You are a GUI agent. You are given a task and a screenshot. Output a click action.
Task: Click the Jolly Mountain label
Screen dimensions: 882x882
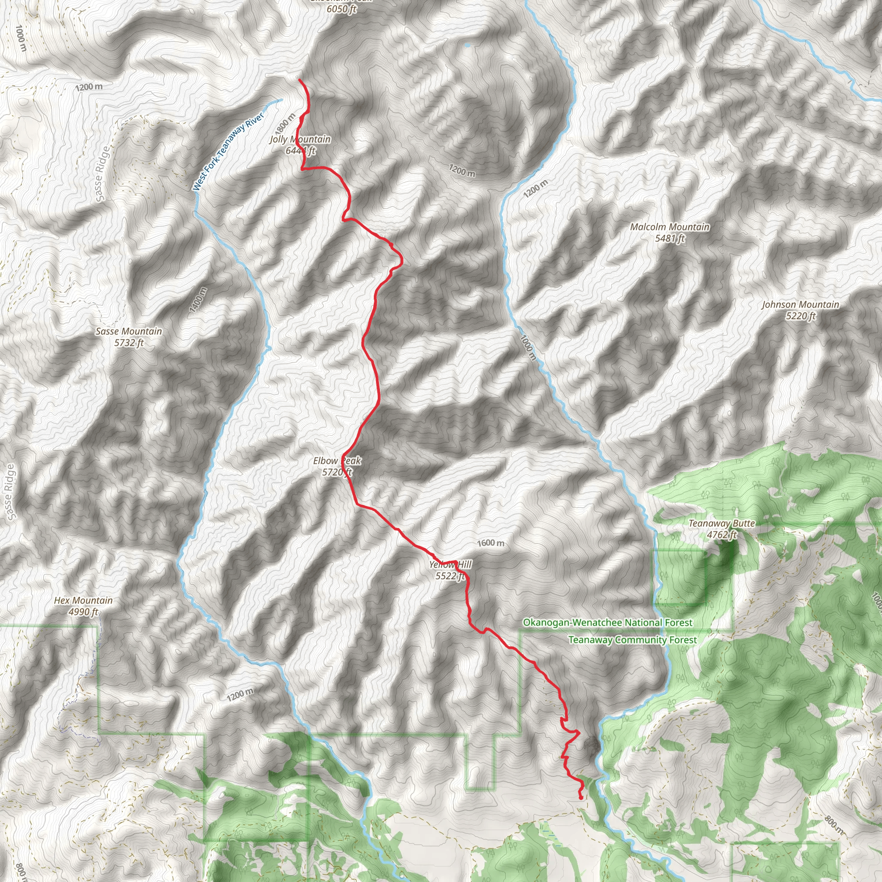[x=300, y=139]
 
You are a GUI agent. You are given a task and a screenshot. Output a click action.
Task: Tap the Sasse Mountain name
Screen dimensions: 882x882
[x=129, y=332]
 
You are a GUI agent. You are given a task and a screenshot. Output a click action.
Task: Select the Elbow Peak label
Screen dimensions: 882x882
[x=337, y=461]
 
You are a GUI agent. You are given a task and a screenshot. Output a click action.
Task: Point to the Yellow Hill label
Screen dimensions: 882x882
[x=450, y=565]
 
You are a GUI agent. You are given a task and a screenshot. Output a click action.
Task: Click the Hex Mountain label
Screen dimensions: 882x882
[x=83, y=600]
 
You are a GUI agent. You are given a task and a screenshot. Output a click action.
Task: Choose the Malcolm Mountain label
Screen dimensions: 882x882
[x=670, y=227]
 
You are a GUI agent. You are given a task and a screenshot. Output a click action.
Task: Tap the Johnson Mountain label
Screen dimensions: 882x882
[x=800, y=304]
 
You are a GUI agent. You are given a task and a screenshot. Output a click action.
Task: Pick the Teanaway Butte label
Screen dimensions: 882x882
[x=721, y=523]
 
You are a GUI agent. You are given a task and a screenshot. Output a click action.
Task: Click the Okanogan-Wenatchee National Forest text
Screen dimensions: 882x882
[x=608, y=622]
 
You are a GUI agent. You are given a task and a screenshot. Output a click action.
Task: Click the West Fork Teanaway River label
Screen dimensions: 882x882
[x=228, y=152]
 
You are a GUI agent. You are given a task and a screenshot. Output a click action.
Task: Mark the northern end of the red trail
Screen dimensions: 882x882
[x=299, y=80]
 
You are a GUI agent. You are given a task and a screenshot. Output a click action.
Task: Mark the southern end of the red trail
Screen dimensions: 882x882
[x=580, y=798]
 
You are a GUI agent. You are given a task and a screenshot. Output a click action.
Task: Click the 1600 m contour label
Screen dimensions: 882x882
[x=491, y=543]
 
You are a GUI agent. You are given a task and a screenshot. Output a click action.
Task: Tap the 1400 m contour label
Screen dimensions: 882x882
[x=198, y=300]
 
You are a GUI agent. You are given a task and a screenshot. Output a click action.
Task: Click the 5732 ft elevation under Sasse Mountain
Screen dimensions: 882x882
[x=129, y=343]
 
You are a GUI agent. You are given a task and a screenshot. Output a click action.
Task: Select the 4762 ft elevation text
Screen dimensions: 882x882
[x=722, y=534]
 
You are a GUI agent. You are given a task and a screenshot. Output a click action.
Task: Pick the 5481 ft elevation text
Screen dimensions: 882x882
[x=670, y=238]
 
